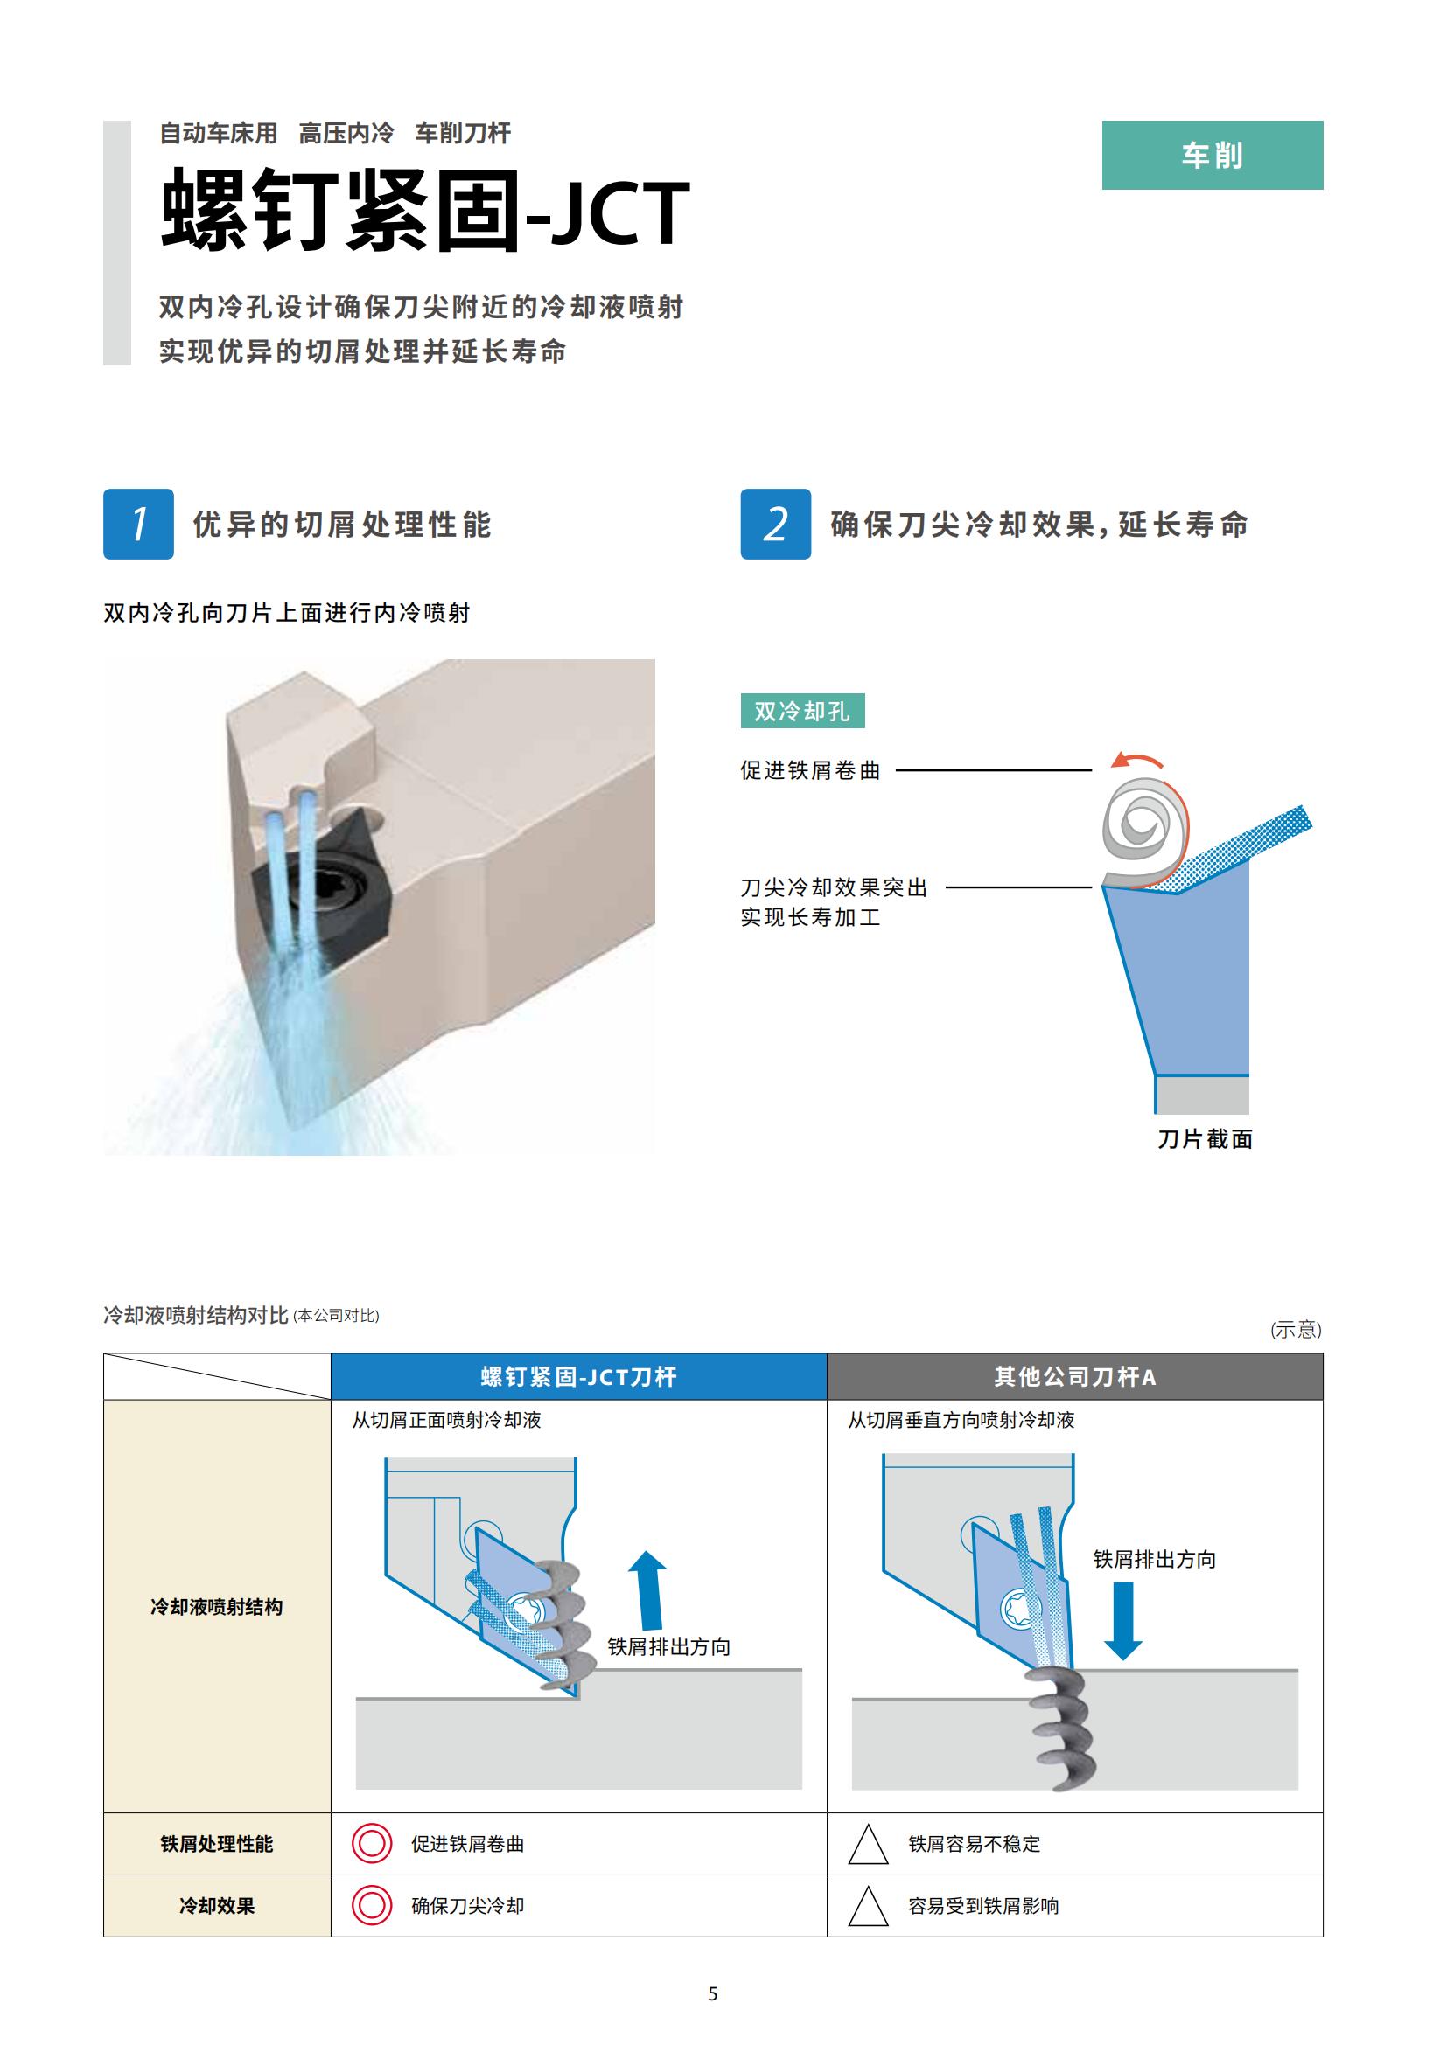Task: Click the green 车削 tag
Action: pos(1212,155)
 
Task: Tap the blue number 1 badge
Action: pos(138,524)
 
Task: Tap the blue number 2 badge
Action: pos(775,524)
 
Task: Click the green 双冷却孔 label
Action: pos(802,711)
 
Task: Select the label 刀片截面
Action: pos(1205,1139)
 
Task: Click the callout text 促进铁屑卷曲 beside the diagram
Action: pos(810,770)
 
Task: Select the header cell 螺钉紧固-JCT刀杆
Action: pos(579,1377)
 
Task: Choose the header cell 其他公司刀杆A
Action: pos(1074,1377)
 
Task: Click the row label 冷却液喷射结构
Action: pos(216,1607)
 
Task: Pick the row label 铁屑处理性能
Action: pos(216,1844)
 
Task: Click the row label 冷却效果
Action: pos(216,1906)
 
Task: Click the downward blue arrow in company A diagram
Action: pos(1122,1621)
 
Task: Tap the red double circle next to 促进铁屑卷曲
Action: pos(372,1844)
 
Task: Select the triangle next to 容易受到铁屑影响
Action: pos(868,1906)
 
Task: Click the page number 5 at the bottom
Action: pos(713,1994)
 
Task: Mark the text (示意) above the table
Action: pos(1296,1330)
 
